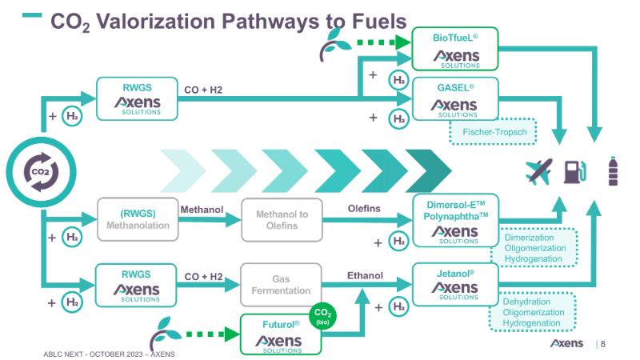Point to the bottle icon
[613, 170]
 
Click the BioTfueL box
[454, 48]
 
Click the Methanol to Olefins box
[275, 219]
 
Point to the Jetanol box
[454, 285]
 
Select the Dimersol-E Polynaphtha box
[454, 219]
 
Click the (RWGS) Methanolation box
[134, 219]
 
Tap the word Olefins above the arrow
[363, 209]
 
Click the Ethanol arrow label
[365, 275]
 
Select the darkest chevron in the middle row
[429, 171]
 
